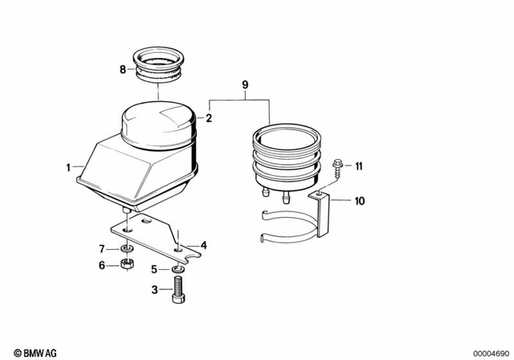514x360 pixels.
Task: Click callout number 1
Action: [68, 168]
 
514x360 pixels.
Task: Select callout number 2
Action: [208, 118]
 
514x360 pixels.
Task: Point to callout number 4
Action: [204, 245]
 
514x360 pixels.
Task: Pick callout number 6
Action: [102, 265]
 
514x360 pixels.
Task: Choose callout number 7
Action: [102, 248]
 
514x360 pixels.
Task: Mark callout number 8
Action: [123, 70]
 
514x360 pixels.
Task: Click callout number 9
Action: [245, 84]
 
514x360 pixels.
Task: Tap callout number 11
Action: [359, 166]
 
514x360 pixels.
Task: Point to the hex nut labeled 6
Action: [125, 265]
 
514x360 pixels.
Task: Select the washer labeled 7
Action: [125, 248]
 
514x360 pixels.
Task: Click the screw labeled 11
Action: [337, 167]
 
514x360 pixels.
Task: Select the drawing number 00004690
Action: [486, 350]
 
